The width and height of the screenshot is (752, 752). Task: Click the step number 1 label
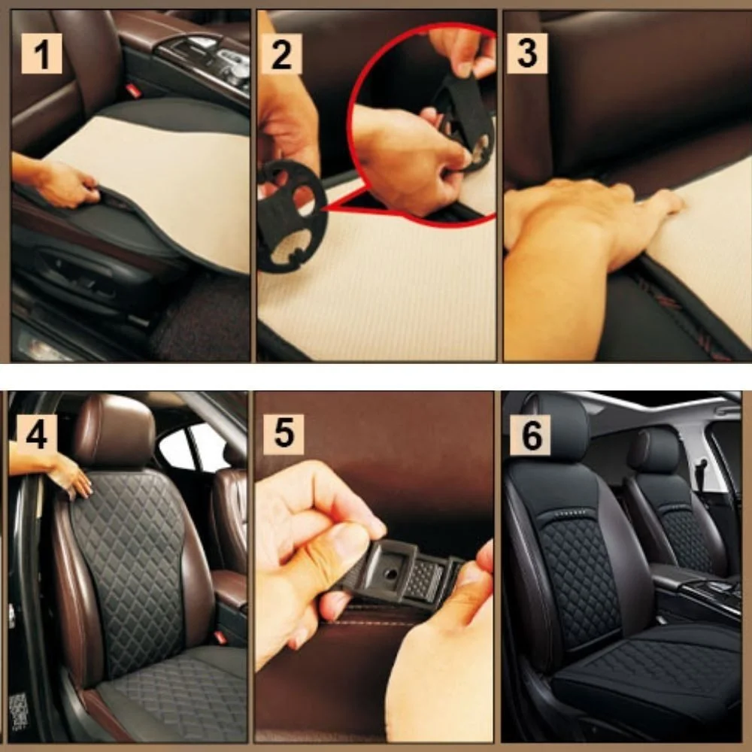point(41,53)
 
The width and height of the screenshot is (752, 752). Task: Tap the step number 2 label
point(281,53)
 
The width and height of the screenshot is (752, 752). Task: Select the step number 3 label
point(527,53)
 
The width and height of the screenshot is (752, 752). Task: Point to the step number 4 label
point(37,435)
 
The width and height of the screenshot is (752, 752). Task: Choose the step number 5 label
point(284,434)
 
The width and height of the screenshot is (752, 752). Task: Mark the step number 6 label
point(530,435)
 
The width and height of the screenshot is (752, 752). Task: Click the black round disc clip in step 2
point(291,217)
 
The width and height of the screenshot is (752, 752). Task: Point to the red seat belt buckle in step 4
point(220,637)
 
